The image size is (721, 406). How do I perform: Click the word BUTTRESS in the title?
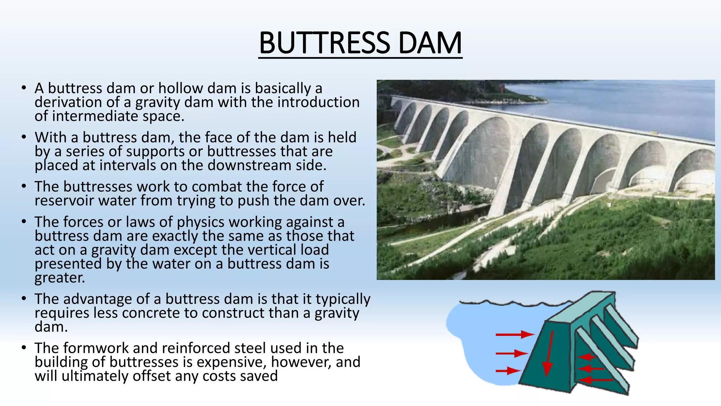[324, 43]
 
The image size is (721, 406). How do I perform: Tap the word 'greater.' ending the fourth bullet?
[60, 278]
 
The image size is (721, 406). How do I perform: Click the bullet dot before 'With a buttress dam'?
[24, 137]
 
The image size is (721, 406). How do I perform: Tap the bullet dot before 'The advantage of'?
[24, 299]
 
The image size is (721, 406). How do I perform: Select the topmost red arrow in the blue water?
[515, 334]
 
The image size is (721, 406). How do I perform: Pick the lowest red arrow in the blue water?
[508, 371]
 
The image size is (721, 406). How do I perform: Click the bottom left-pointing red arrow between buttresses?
[595, 380]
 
